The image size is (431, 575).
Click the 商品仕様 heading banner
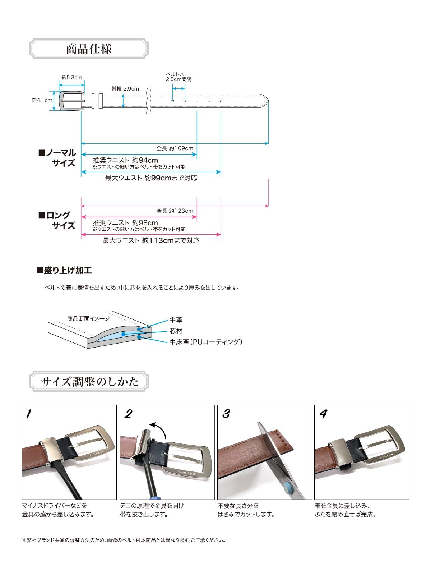tap(89, 49)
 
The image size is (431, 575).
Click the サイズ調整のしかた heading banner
tap(89, 381)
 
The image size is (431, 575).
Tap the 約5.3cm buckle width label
tap(71, 77)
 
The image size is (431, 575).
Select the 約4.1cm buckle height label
tap(42, 100)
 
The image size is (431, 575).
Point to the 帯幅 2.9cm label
tap(125, 88)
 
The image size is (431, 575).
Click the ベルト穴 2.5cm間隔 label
tap(179, 77)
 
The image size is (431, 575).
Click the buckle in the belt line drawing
tap(71, 101)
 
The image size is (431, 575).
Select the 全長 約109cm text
tap(175, 148)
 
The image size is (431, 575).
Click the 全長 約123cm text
tap(175, 211)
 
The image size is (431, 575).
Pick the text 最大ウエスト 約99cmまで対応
tap(151, 178)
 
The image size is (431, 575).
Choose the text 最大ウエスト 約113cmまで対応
tap(151, 240)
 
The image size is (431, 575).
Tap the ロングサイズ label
tap(57, 220)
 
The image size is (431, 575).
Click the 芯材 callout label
tap(176, 331)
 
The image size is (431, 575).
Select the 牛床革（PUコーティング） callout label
tap(206, 342)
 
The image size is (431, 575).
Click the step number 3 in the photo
tap(226, 414)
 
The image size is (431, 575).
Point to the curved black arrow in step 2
tap(158, 429)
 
